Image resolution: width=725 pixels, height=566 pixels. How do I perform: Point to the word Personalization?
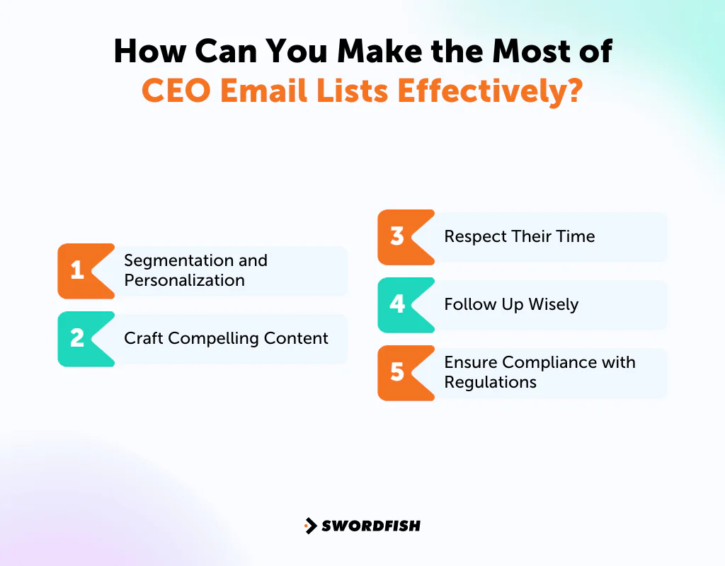184,280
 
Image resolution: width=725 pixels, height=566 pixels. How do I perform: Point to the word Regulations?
490,382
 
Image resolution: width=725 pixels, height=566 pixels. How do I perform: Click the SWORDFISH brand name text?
371,526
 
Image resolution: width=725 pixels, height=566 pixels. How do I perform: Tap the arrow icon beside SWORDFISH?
310,526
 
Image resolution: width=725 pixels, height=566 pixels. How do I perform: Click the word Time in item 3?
576,236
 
